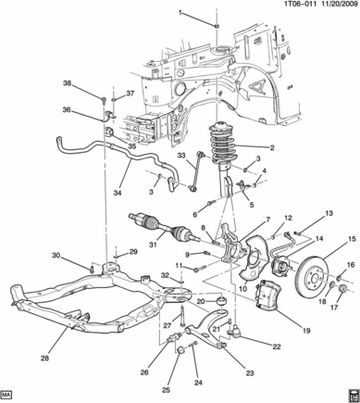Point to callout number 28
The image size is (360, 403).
(x=44, y=359)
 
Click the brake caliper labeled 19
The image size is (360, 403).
(x=268, y=295)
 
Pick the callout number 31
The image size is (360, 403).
(x=153, y=245)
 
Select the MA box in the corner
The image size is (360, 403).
(x=6, y=395)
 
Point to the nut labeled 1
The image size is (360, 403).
(x=217, y=26)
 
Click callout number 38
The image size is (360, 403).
(x=68, y=83)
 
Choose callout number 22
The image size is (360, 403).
(x=277, y=346)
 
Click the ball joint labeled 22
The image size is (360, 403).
(x=234, y=332)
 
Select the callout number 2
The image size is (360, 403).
(x=272, y=148)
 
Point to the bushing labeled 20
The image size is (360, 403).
(x=221, y=301)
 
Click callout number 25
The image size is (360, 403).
(x=167, y=391)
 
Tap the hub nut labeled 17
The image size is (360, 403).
(x=343, y=289)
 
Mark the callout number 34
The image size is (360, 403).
(x=118, y=193)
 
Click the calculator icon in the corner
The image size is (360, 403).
(x=354, y=395)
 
